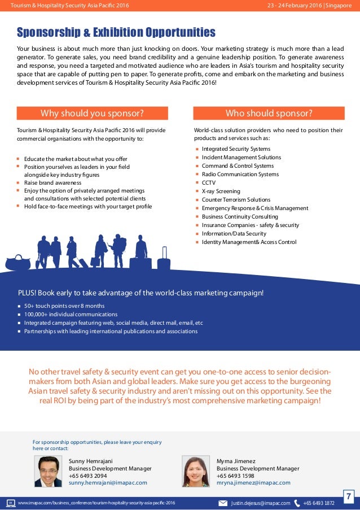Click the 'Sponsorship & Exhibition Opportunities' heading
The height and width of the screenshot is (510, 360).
116,32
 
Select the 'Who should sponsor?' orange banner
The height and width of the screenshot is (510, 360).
269,113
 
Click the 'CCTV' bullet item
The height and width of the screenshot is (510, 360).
209,183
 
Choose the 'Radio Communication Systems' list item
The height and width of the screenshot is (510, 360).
240,175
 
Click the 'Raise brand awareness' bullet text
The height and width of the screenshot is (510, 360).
52,183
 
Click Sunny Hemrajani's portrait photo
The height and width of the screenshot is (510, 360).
48,471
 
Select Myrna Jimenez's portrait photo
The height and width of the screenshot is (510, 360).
196,471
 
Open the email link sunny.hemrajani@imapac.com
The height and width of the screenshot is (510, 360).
108,483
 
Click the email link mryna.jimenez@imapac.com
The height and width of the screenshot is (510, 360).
253,483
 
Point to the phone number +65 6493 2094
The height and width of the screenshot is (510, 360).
87,476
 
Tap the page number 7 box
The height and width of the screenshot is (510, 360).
349,497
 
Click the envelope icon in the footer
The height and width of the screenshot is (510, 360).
223,503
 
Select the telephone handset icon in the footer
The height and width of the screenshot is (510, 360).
297,503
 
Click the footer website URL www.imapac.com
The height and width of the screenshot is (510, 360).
96,503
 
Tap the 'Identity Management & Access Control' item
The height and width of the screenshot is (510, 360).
249,242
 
